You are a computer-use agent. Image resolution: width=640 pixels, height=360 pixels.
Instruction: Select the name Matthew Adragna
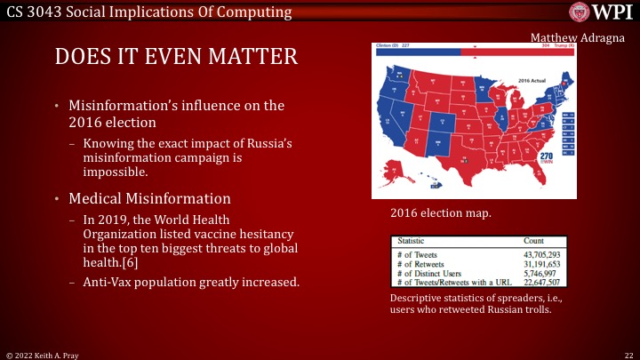click(580, 37)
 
